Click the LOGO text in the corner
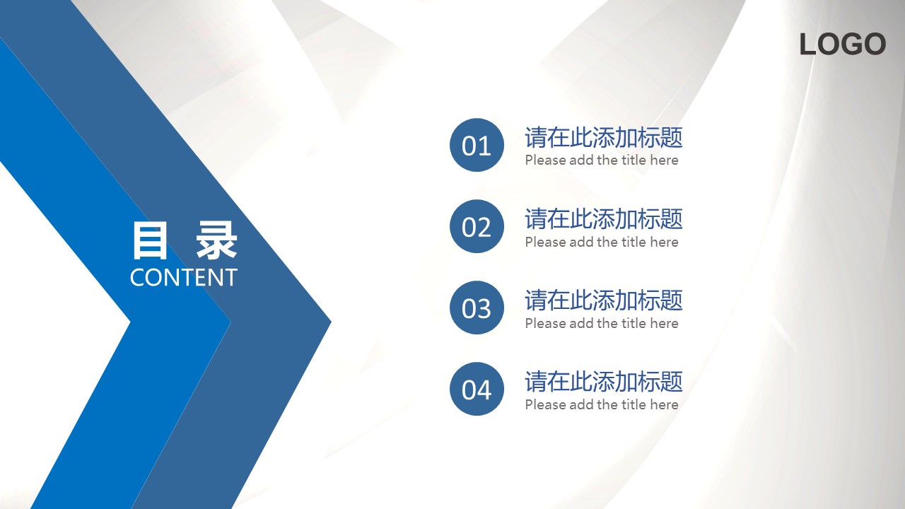point(843,44)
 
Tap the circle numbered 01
point(477,145)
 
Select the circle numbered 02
point(477,226)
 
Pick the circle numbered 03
point(477,308)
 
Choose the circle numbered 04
point(477,389)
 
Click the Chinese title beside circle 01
point(604,137)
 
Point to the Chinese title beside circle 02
point(604,219)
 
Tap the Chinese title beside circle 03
point(604,300)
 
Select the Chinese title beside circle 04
point(604,381)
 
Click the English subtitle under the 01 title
point(602,160)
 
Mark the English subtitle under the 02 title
point(602,242)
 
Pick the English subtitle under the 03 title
point(602,323)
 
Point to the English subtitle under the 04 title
point(602,404)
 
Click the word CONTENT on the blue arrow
point(183,278)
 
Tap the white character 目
point(150,241)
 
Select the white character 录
point(216,241)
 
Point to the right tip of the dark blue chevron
point(331,322)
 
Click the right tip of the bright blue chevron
point(230,322)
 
